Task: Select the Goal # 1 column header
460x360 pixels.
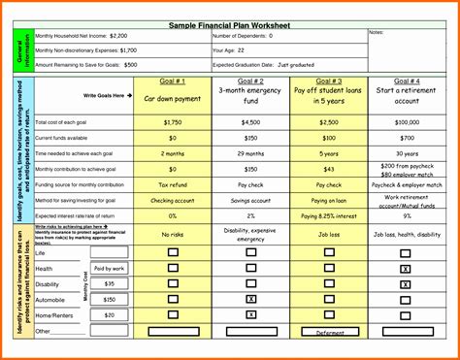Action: pos(172,82)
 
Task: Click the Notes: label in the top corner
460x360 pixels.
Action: pos(377,33)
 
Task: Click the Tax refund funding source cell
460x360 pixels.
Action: pos(172,183)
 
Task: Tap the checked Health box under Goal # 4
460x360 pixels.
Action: pos(405,268)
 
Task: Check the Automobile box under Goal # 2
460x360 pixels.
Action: pos(251,299)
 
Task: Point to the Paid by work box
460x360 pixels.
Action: pos(109,268)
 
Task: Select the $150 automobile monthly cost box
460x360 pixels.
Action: pos(109,299)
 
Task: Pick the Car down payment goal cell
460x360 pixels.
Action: pos(172,99)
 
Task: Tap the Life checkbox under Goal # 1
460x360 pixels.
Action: pos(173,252)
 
